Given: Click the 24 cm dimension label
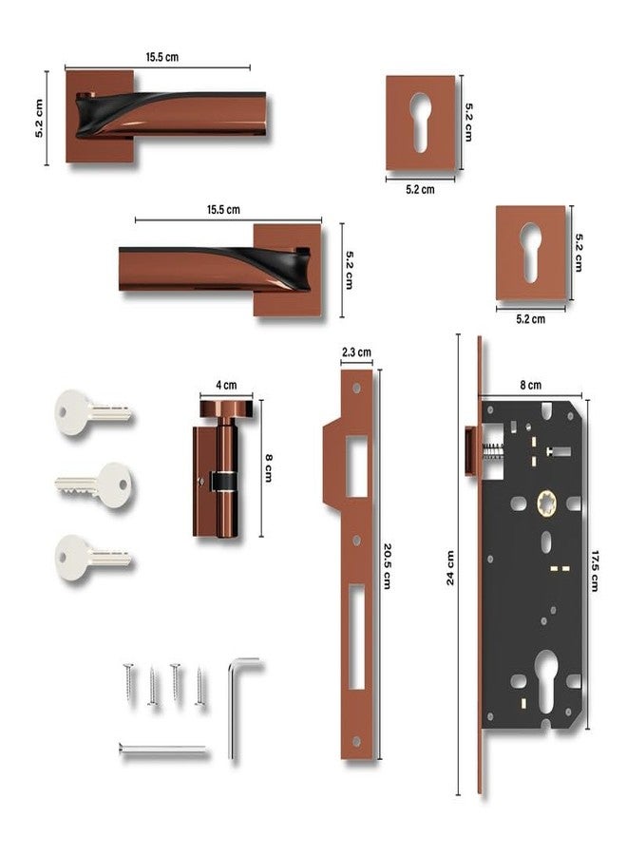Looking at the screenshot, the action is [450, 568].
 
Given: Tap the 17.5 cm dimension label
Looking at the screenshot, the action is [595, 571].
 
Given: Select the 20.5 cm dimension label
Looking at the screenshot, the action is [387, 565].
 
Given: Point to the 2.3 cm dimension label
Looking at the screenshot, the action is [356, 352].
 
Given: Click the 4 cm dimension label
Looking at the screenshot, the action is [226, 385].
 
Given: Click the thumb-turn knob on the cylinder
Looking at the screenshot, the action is [226, 408].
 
